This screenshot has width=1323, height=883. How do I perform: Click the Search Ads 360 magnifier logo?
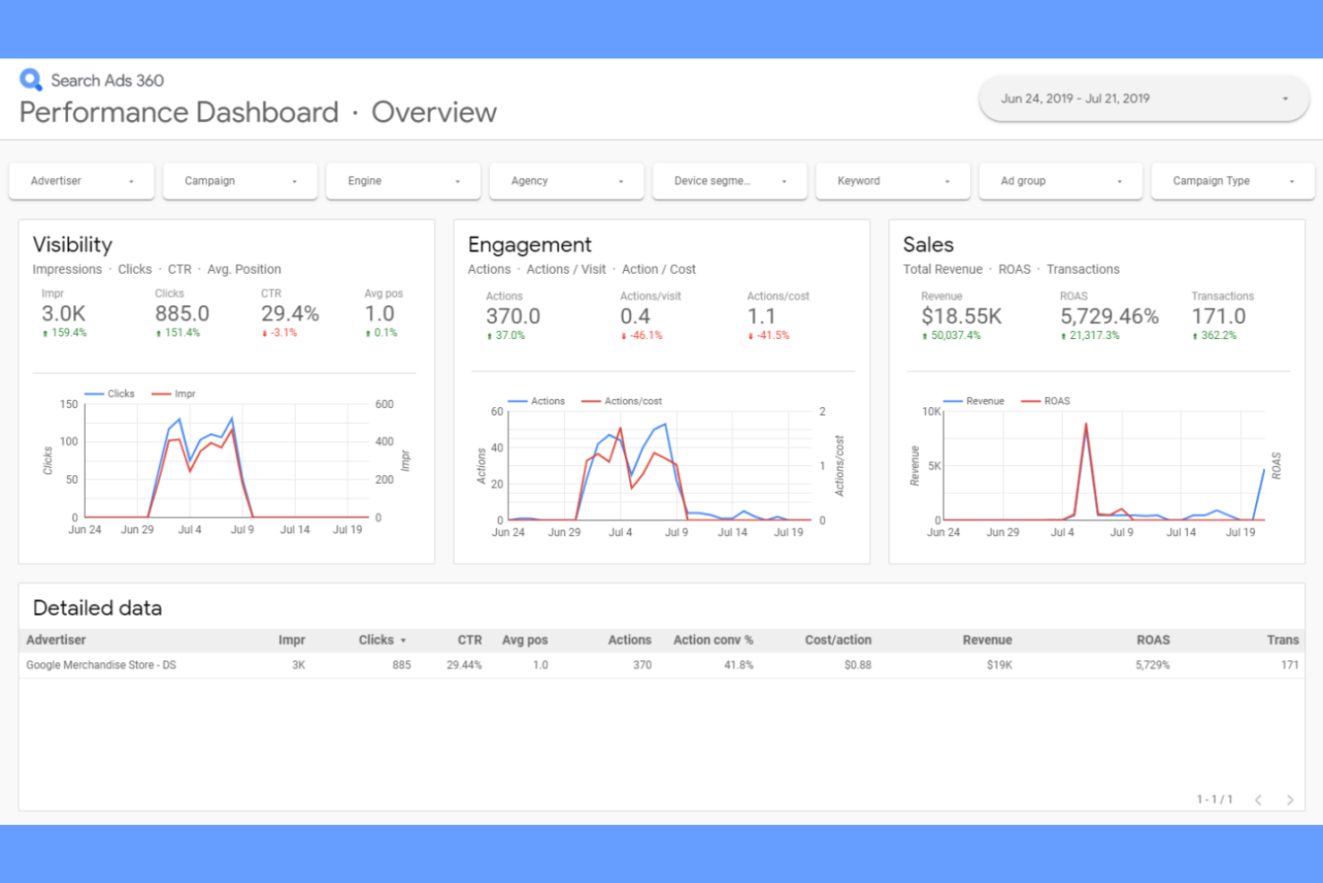31,81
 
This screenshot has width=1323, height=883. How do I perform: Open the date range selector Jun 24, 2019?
1143,99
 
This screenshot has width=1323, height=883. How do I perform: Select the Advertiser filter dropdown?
81,181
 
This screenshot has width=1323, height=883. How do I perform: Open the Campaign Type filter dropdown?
1232,181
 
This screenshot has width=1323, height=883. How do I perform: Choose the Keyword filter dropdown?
892,181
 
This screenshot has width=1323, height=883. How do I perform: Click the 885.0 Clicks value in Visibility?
182,314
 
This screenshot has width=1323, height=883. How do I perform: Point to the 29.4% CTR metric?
290,314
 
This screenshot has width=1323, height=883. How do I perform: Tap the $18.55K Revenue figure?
961,317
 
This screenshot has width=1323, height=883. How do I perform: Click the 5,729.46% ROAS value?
1109,317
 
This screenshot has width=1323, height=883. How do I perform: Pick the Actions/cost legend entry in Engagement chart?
632,402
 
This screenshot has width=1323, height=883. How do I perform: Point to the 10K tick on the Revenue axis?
931,412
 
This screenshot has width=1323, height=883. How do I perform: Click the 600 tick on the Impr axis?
384,404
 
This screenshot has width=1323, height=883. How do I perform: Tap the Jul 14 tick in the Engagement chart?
732,532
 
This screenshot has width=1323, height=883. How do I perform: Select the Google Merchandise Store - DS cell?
101,666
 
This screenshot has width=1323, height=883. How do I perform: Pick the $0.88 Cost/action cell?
857,666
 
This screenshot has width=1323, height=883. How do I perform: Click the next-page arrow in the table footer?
1290,800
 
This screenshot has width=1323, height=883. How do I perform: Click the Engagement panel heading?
529,245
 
